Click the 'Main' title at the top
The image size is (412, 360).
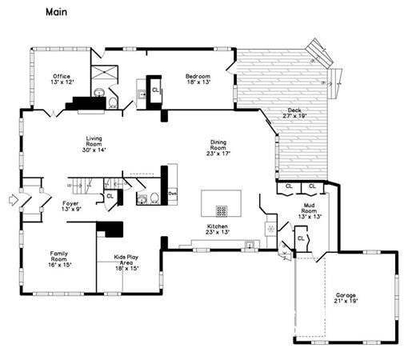tap(56, 12)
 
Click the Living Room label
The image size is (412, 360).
tap(94, 143)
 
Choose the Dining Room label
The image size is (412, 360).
tap(218, 147)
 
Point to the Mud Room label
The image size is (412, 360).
tap(309, 211)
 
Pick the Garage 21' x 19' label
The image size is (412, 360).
tap(346, 298)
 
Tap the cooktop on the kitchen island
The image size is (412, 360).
tap(221, 211)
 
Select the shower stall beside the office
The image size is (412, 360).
tap(103, 77)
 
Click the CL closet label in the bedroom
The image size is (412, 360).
tap(155, 90)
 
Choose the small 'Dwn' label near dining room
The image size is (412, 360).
tap(172, 194)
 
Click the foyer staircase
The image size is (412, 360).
tap(88, 185)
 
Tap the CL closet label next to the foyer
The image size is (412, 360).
tap(110, 196)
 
